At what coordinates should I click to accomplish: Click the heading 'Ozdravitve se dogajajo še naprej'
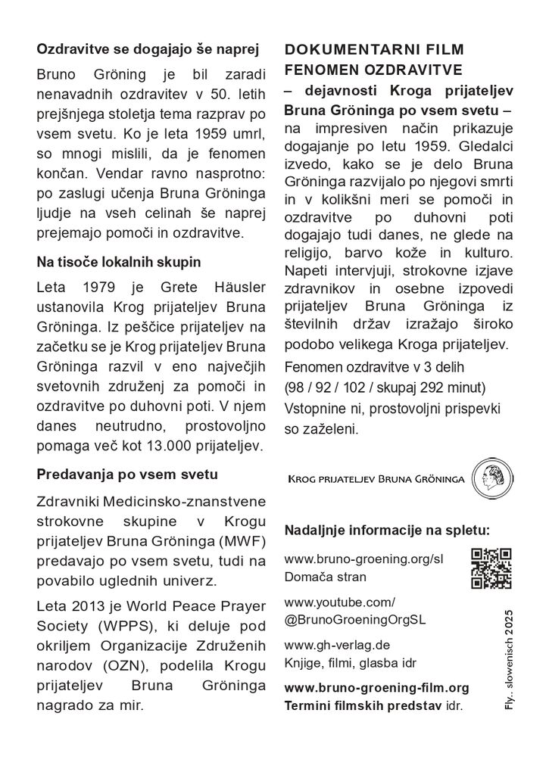148,50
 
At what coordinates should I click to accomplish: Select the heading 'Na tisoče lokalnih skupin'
119,263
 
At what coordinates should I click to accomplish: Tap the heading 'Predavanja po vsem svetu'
127,475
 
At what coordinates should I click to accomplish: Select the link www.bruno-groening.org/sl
363,559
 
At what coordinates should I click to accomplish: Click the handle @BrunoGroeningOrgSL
355,618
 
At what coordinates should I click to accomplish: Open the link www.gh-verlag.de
337,646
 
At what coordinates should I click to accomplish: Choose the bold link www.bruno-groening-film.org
376,688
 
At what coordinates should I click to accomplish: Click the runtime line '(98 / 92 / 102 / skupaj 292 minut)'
385,388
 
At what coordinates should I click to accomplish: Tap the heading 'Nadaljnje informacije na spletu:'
387,528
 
